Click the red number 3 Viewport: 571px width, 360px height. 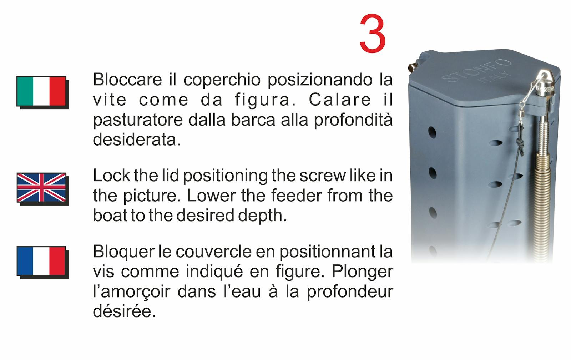(373, 34)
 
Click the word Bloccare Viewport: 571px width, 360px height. (127, 80)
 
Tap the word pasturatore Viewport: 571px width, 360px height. (138, 120)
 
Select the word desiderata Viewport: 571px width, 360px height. (137, 140)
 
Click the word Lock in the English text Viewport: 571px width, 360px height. (111, 176)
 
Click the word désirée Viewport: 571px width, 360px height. (124, 311)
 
